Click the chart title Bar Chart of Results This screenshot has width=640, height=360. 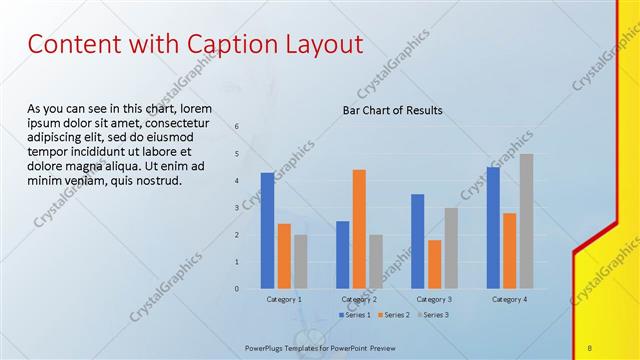pos(392,110)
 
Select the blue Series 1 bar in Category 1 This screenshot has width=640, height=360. pos(267,230)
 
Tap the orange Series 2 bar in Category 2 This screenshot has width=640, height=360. pos(359,229)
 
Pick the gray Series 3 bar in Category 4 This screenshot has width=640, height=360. pos(526,221)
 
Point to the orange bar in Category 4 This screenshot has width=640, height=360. pos(509,250)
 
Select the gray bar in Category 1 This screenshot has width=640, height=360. pos(301,261)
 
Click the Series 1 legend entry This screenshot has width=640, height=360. pos(357,315)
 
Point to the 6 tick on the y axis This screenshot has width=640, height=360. pos(237,127)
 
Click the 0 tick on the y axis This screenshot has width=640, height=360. pos(237,288)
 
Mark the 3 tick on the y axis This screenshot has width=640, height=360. pos(237,208)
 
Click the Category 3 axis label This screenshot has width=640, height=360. pos(434,299)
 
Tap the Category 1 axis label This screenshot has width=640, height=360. pos(284,299)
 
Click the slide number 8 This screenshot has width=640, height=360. pos(590,347)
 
